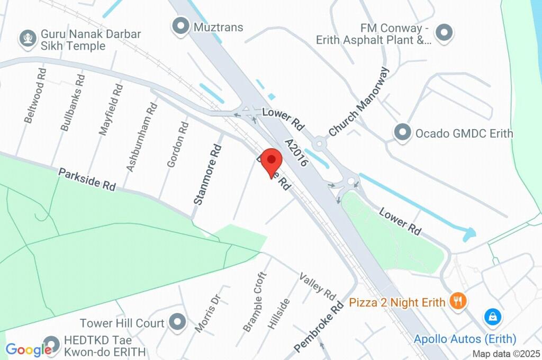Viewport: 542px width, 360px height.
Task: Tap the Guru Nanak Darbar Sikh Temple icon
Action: point(26,38)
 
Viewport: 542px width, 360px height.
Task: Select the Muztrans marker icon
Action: point(182,25)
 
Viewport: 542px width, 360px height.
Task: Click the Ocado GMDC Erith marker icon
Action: point(403,132)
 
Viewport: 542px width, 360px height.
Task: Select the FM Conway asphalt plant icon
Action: point(445,32)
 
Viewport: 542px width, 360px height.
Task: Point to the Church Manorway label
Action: point(358,102)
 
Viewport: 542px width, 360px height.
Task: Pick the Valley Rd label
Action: point(317,285)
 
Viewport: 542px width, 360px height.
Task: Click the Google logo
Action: point(29,349)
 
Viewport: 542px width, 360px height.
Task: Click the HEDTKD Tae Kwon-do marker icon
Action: point(51,344)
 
